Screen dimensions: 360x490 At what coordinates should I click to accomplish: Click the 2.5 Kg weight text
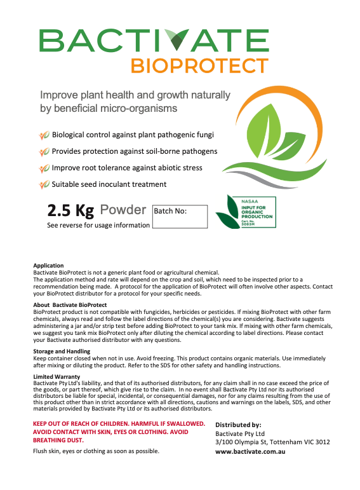(70, 210)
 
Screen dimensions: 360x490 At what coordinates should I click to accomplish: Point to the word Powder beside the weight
(123, 210)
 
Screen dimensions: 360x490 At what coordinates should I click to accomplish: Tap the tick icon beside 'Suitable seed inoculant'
(44, 184)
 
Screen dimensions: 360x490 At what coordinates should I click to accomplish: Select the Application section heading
(48, 266)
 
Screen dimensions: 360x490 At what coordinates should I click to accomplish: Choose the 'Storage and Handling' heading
(62, 351)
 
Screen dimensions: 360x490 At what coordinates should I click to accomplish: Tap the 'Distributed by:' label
(238, 425)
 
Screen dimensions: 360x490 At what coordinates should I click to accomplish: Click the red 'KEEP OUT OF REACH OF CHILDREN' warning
(119, 423)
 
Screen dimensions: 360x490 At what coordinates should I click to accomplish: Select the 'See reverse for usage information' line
(98, 225)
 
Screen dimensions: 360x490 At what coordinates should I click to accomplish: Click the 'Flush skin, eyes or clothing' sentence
(96, 451)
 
